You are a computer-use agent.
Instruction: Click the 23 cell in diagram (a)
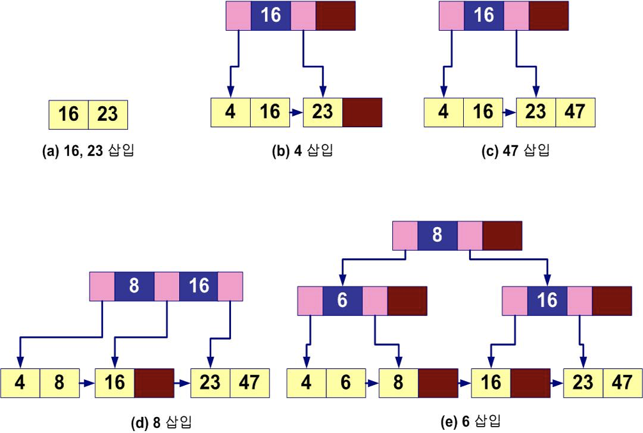click(107, 115)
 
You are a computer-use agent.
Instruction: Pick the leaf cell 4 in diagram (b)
click(230, 112)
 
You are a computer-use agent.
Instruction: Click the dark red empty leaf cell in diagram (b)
click(362, 112)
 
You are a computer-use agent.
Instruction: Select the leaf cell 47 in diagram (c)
click(576, 112)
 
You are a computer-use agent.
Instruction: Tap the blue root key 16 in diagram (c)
click(484, 15)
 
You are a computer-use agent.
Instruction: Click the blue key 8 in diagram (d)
click(134, 286)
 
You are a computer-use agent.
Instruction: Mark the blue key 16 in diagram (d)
click(198, 286)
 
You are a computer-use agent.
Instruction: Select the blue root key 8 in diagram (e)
click(437, 235)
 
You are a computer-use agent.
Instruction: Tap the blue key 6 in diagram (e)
click(342, 301)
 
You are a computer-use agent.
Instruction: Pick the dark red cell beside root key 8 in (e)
click(502, 235)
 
